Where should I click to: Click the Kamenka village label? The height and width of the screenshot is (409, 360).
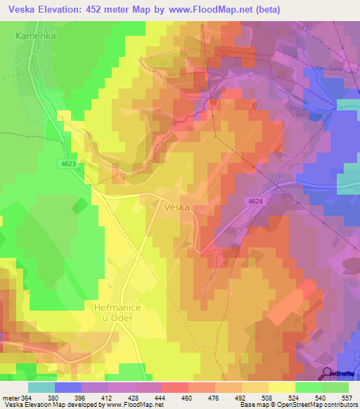(x=36, y=34)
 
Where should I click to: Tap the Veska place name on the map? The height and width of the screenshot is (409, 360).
(x=178, y=208)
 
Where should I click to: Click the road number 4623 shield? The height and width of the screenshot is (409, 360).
(x=66, y=163)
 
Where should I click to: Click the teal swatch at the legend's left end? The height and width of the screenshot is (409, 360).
(x=41, y=387)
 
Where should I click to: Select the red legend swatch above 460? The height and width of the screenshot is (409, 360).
(x=175, y=387)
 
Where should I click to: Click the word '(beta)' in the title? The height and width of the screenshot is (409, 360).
(x=278, y=9)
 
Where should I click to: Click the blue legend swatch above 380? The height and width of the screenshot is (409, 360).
(x=68, y=387)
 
